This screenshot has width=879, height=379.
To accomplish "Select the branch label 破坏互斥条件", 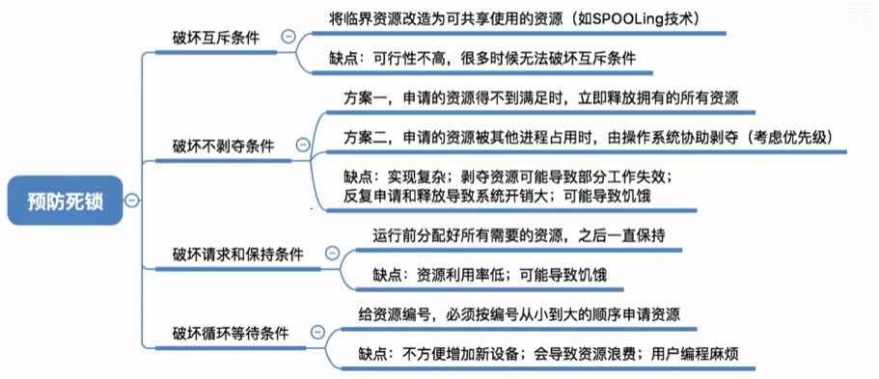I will [215, 36].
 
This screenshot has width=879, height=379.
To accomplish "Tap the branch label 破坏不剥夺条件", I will [223, 146].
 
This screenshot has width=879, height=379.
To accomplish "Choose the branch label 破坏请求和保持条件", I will [237, 255].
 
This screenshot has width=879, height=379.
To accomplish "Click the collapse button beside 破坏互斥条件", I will [287, 36].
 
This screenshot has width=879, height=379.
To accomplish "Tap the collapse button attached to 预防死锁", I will [131, 201].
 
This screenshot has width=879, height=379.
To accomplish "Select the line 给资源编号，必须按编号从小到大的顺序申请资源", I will [518, 314].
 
